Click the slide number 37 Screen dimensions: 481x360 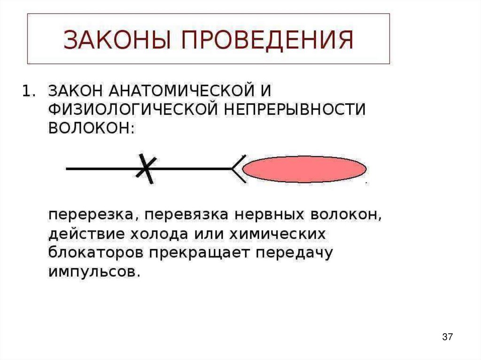point(447,337)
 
